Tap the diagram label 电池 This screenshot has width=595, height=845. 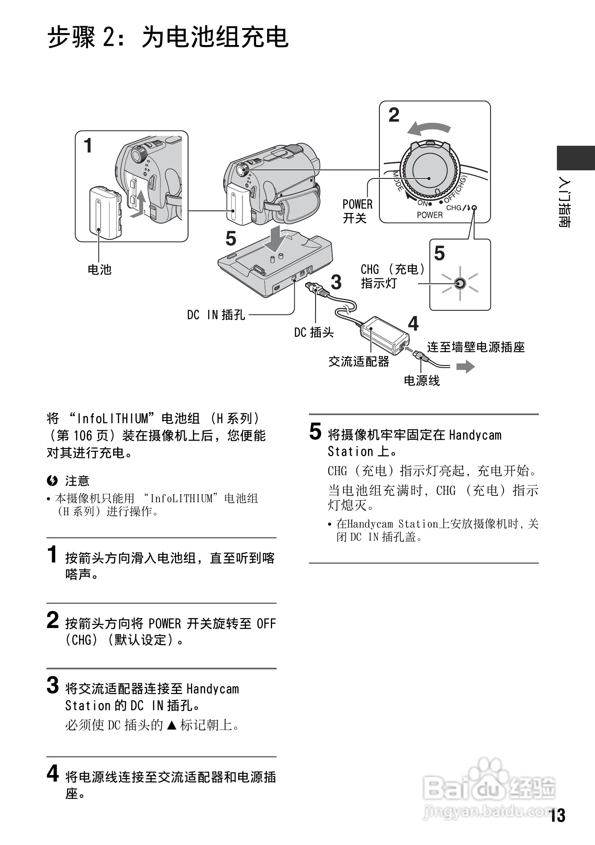(100, 269)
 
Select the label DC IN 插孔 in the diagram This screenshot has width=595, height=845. (216, 315)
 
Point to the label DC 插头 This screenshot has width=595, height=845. (314, 332)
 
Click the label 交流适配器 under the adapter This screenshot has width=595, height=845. (359, 361)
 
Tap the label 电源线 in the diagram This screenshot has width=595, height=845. (422, 381)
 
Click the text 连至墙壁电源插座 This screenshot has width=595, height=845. (476, 347)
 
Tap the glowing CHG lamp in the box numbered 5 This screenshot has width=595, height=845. (460, 283)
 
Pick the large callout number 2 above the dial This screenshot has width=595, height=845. (394, 115)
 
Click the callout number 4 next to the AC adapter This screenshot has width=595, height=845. (413, 324)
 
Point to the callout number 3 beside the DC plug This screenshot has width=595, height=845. (336, 282)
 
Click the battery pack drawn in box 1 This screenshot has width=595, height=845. (105, 213)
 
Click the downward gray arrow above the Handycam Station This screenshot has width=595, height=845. (275, 239)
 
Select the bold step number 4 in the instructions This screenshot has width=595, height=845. (52, 773)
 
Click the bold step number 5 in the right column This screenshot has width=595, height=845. (315, 432)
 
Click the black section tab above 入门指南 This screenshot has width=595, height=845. (575, 158)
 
